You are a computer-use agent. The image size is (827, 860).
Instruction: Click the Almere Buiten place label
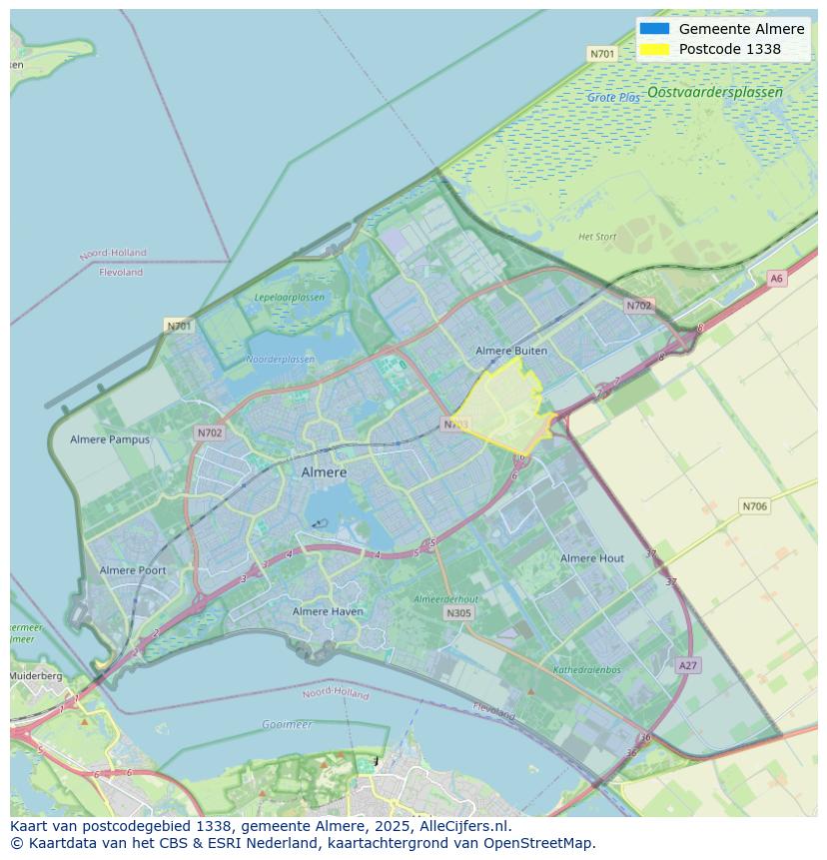click(x=511, y=351)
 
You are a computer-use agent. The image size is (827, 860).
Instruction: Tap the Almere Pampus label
click(x=110, y=439)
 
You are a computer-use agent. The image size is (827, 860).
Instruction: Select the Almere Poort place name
click(x=133, y=570)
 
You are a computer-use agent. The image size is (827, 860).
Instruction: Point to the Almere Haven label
click(x=328, y=611)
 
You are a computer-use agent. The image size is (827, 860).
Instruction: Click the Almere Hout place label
click(x=591, y=558)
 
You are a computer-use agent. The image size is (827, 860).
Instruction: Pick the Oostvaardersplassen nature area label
click(x=714, y=92)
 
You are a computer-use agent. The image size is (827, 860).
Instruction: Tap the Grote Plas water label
click(x=613, y=98)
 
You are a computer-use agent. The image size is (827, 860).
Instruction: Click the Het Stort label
click(x=597, y=237)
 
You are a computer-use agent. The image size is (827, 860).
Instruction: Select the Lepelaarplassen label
click(x=289, y=298)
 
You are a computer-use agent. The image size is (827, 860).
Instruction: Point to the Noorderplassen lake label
click(x=280, y=360)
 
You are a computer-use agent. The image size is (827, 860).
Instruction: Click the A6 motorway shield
click(x=776, y=279)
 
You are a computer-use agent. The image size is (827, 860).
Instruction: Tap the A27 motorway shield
click(x=687, y=665)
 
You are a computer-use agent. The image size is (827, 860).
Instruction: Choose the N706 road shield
click(x=754, y=506)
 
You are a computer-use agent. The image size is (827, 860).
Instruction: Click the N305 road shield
click(x=458, y=613)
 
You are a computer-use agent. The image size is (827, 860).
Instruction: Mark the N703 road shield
click(x=455, y=425)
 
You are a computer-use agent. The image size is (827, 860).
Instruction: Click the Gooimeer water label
click(x=287, y=724)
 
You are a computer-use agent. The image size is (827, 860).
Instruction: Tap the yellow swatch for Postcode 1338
click(x=654, y=49)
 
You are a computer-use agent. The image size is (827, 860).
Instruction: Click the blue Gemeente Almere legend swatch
click(x=654, y=29)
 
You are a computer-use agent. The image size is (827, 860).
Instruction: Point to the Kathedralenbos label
click(x=586, y=670)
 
